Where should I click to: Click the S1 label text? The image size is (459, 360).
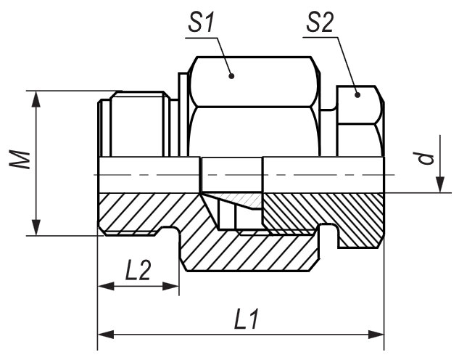202,23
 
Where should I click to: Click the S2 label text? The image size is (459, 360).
320,23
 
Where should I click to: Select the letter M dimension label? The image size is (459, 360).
20,160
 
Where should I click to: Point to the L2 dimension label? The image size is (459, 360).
138,270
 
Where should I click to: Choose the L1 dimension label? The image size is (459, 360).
247,319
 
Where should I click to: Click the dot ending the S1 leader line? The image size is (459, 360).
231,76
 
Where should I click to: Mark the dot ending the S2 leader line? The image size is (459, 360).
357,94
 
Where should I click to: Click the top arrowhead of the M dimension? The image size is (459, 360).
36,99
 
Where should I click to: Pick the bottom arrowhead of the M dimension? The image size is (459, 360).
36,227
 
